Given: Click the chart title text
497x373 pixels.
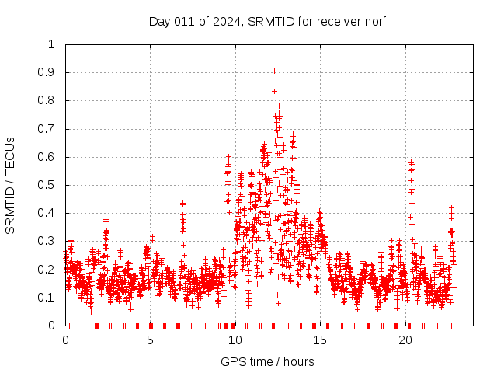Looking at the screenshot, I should pos(267,22).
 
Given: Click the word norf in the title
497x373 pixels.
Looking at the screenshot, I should pos(374,22).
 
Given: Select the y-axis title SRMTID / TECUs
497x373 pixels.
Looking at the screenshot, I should pos(11,185).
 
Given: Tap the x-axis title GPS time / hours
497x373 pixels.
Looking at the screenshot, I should pos(267,362).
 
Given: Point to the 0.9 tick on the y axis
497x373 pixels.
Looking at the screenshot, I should pos(51,72).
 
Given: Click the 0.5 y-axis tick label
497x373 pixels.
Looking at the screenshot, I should pos(51,185).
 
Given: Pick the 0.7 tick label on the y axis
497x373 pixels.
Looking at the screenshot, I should pos(51,129).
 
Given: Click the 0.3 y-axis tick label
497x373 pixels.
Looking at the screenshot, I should pos(51,242).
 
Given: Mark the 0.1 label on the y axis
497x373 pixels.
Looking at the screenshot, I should pos(51,298).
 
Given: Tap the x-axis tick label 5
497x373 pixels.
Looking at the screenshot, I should pos(150,341).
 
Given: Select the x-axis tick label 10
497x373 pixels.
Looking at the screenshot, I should pos(235,341).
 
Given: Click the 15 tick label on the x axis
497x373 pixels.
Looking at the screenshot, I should pos(320,341).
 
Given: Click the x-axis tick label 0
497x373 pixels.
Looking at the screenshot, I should pos(65,341).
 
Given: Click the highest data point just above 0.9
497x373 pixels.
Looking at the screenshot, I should pos(274,71).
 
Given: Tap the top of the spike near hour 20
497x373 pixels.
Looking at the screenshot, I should pos(411,162).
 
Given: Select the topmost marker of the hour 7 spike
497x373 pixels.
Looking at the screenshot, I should pos(182,204).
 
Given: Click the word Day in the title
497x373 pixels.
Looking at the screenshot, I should pos(159,22).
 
